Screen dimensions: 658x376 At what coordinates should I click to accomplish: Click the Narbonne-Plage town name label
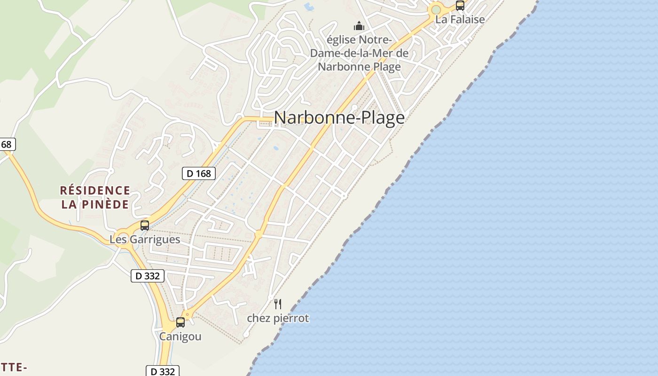339,117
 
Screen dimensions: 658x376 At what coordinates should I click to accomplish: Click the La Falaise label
460,19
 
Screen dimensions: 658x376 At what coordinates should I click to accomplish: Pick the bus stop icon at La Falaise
460,6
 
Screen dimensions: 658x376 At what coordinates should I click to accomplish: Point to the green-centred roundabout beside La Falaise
436,9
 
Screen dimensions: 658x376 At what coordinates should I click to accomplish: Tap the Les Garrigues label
145,239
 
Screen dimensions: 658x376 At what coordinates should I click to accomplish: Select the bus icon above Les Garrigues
145,225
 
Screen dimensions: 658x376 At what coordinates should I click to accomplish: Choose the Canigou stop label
180,337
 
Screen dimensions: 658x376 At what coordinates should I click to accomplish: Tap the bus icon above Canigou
180,322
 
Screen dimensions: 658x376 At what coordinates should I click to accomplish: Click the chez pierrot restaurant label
278,318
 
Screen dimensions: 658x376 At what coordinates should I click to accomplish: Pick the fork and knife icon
278,304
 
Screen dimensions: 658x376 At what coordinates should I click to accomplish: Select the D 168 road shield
198,173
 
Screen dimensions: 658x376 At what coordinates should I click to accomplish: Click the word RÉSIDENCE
95,190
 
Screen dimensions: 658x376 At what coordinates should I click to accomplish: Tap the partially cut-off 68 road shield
7,144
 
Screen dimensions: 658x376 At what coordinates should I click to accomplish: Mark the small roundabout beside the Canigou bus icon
188,314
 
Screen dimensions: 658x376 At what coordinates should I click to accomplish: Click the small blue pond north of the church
309,7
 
